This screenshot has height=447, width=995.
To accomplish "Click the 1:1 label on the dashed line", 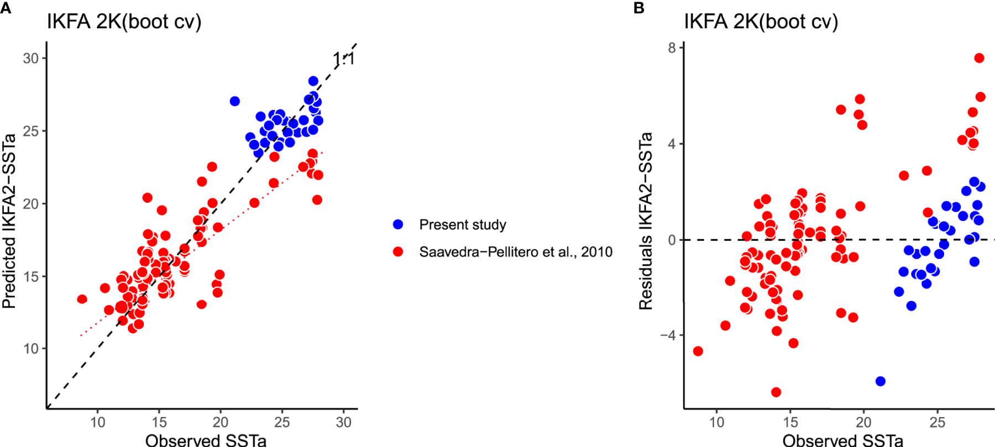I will [x=343, y=59].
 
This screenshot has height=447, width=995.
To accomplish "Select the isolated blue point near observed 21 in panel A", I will [x=235, y=101].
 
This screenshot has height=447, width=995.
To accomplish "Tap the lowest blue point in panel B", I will [x=880, y=381].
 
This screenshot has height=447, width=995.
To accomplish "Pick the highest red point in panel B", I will [x=979, y=58].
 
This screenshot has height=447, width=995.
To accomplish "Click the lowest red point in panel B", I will [x=776, y=392].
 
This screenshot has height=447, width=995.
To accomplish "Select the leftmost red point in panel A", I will [x=82, y=299].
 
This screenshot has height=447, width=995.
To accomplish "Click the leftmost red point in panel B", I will [x=698, y=351].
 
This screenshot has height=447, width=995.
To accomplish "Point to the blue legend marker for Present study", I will [x=398, y=224].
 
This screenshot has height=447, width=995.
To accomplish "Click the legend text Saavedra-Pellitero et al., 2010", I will [x=515, y=252].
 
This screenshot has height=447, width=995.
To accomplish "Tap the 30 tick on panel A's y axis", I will [x=30, y=59].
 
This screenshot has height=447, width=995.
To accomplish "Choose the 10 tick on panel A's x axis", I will [x=98, y=423].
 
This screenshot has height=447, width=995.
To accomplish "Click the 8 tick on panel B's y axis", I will [x=672, y=48].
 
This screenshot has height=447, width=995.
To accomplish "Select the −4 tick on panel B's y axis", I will [x=667, y=335].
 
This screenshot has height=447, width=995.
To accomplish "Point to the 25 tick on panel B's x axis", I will [x=937, y=423].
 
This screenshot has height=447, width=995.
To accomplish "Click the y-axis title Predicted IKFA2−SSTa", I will [x=9, y=221].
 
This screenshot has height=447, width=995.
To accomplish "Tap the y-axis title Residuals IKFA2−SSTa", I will [x=645, y=221].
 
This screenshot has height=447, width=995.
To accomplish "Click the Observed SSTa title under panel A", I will [x=205, y=440].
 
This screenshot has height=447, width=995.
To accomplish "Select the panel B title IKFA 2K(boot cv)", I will [x=761, y=22].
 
